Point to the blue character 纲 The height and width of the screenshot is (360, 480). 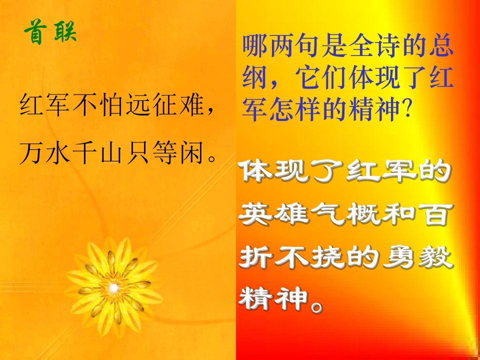point(253,78)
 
